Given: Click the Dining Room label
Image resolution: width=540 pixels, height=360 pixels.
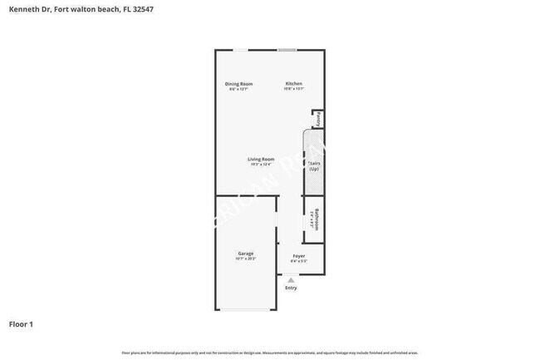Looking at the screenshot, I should click(239, 84).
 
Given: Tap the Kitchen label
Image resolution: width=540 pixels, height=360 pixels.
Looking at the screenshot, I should click(294, 84).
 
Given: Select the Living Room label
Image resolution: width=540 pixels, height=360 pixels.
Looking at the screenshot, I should click(261, 159).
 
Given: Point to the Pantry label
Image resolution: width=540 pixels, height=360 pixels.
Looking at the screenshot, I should click(318, 119).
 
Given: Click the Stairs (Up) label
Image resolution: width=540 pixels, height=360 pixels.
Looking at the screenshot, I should click(314, 166).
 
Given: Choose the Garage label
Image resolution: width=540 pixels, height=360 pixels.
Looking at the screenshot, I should click(246, 253).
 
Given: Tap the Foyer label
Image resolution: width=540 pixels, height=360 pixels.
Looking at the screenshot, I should click(299, 256).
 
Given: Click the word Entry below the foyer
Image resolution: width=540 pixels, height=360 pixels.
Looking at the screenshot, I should click(291, 288).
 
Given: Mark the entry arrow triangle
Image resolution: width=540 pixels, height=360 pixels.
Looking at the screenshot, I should click(291, 281).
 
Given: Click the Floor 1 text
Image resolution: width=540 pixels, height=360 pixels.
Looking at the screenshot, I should click(21, 323).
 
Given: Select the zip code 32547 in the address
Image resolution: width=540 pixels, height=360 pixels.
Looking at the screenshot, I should click(142, 9).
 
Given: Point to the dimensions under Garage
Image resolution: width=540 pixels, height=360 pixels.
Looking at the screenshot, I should click(246, 259).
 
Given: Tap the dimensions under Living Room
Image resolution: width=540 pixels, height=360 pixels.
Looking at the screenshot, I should click(261, 164).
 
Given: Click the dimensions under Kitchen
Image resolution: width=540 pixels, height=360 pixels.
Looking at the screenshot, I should click(294, 89).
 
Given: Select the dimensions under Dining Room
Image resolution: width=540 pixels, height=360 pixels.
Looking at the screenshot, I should click(239, 89).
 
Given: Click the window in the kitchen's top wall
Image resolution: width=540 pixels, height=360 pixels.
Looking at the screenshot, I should click(287, 50).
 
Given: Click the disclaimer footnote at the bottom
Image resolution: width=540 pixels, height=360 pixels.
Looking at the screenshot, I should click(269, 353).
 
